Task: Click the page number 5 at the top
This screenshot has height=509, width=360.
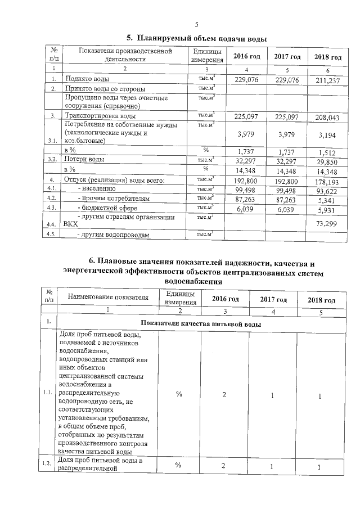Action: [x=197, y=24]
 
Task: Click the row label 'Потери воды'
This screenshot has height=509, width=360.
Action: [x=84, y=160]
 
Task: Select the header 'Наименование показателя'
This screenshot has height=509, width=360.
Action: [x=107, y=296]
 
